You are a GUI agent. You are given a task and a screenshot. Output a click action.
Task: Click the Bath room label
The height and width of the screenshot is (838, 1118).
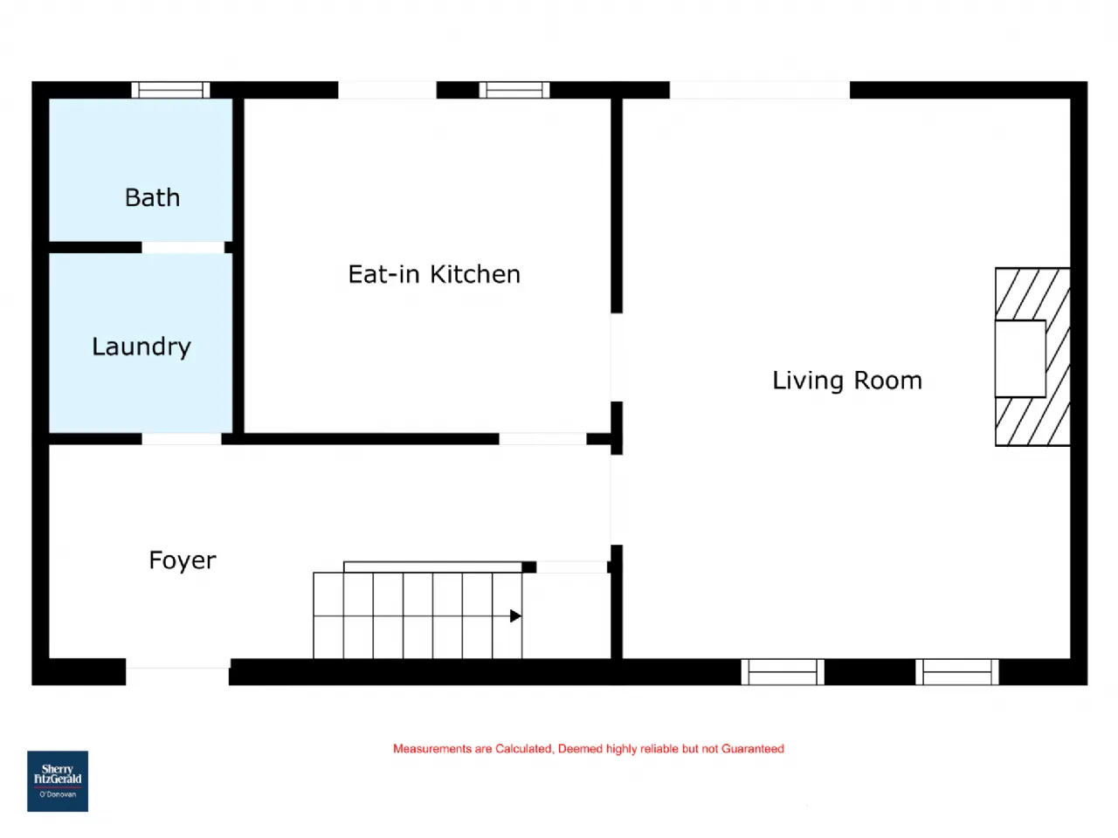click(x=152, y=197)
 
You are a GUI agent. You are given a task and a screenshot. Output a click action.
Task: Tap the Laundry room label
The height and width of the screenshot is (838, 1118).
click(x=141, y=347)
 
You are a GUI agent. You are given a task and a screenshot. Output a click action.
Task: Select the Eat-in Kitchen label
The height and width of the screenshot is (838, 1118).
click(x=434, y=274)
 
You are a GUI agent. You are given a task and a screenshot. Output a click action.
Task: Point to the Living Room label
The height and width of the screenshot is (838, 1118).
click(x=847, y=381)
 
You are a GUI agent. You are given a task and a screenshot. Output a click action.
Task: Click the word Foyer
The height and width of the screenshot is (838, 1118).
click(x=183, y=560)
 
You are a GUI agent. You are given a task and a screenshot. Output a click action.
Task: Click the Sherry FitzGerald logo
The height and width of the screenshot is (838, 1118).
click(x=58, y=781)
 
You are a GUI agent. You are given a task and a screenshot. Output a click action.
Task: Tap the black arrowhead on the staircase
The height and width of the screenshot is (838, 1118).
click(x=515, y=615)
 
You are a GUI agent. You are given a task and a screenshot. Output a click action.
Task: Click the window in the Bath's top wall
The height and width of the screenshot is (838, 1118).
click(x=170, y=90)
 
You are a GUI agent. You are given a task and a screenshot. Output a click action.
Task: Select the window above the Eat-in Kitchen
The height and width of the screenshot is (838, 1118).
click(x=514, y=90)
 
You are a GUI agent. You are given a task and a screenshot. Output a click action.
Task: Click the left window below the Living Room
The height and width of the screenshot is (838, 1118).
click(x=783, y=672)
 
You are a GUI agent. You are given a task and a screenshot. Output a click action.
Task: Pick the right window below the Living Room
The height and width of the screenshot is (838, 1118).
click(x=957, y=672)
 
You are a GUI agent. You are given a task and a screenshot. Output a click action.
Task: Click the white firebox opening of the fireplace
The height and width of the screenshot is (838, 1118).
click(x=1021, y=359)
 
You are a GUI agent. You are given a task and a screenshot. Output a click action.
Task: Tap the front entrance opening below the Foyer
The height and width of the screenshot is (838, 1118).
click(x=178, y=672)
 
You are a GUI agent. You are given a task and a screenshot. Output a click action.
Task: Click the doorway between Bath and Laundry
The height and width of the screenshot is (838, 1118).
click(x=183, y=247)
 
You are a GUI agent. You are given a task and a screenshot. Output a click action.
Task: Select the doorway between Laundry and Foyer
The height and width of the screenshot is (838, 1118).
click(x=182, y=438)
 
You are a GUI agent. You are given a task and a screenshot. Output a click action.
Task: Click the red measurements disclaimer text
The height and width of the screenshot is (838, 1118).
click(x=589, y=748)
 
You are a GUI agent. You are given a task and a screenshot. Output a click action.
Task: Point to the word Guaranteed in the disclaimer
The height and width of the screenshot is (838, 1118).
click(x=753, y=748)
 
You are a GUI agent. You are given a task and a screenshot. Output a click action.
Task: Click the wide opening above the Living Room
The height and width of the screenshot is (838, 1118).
click(x=760, y=90)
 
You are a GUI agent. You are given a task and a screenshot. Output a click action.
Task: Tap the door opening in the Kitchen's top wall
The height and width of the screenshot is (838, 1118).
click(x=388, y=90)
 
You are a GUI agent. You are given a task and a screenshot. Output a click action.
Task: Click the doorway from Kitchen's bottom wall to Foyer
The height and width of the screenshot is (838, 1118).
click(x=543, y=438)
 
